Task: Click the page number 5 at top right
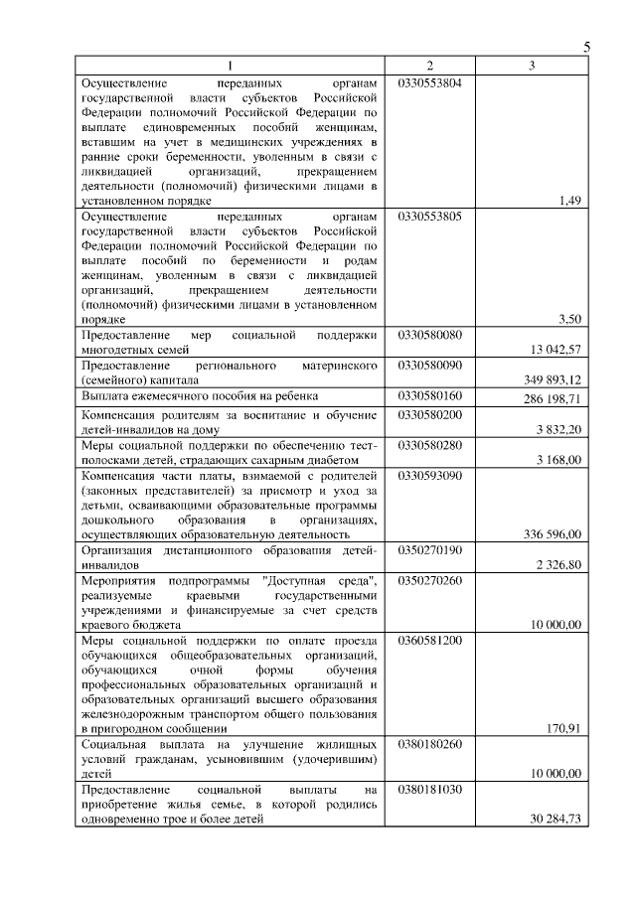586,47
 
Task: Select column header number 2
429,66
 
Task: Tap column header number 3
532,66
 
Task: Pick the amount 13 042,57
553,349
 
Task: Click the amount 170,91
562,728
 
